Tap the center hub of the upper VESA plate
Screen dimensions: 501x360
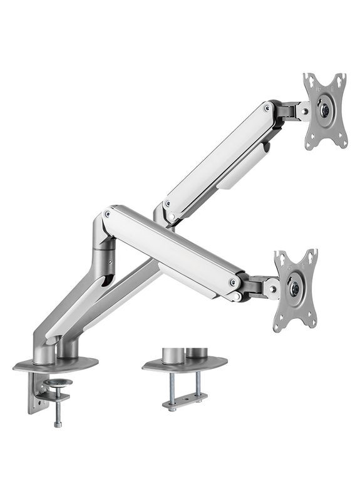click(x=325, y=108)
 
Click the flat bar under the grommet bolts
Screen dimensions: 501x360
click(x=185, y=401)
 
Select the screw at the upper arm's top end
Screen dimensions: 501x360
click(x=267, y=108)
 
